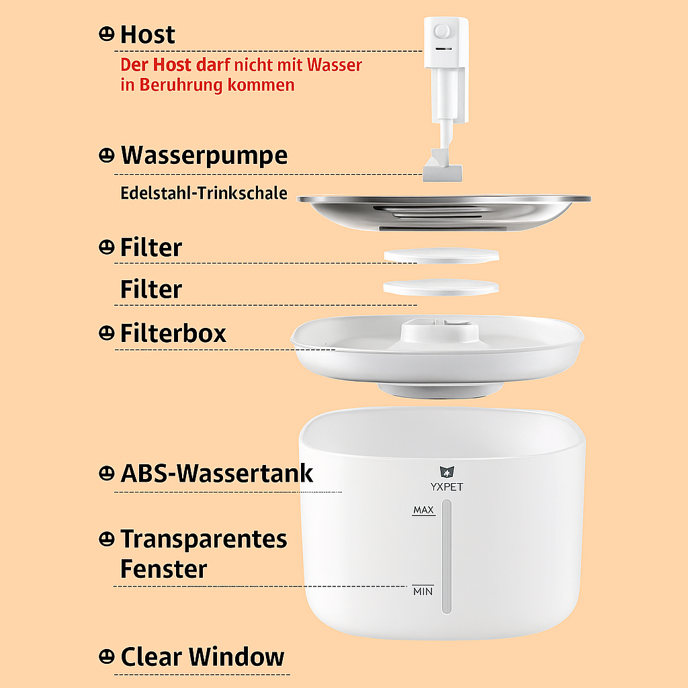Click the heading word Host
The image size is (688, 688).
pos(147,35)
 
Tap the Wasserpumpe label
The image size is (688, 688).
pos(204,156)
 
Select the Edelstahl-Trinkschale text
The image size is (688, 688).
pos(204,193)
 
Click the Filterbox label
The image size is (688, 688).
pos(173,333)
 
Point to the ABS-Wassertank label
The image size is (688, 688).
pos(217,473)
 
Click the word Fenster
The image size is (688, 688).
pos(164,569)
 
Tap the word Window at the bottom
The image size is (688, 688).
pos(236,657)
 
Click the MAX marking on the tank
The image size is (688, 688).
pos(423,510)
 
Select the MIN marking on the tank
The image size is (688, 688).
pos(423,591)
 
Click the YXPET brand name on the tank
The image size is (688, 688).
pos(447,486)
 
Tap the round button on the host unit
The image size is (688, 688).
pos(441,32)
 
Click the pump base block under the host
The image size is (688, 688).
pos(442,173)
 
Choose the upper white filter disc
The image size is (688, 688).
pos(441,255)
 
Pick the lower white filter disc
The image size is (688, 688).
pos(441,287)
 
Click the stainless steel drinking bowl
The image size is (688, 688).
pos(443,212)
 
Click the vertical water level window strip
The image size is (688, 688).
pos(447,556)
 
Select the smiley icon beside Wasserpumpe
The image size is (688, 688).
pos(107,155)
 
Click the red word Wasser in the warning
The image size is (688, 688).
pos(335,65)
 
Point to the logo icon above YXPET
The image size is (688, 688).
pos(447,472)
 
